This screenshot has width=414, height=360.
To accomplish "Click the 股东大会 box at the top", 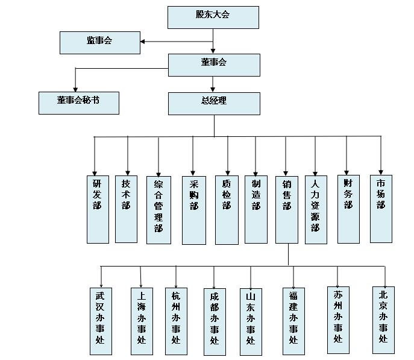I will point(213,17).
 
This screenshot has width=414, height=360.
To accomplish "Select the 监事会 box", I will point(100,42).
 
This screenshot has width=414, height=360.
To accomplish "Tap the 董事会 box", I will point(214,65).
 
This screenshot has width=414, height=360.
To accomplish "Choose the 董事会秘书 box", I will point(78,103).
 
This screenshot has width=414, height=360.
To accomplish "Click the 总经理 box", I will point(214,103).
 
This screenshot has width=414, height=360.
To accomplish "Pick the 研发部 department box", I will point(98,209).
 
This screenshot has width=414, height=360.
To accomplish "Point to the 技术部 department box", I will point(126,209).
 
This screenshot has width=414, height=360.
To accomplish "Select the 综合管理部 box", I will point(158,209).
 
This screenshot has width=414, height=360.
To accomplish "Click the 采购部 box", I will point(193,210).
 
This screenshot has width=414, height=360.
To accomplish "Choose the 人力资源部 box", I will point(316,209).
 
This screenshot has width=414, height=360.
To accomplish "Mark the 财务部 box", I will point(348,209).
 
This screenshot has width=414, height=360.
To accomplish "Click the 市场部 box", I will point(381,209).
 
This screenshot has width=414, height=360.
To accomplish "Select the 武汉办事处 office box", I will point(101,320).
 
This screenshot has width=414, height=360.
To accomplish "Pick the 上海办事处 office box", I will point(142,320).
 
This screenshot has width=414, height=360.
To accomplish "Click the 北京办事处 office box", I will point(383,319).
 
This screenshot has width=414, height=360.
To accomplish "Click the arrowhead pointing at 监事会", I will point(143,42).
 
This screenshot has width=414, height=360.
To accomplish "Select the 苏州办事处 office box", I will point(338,319).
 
